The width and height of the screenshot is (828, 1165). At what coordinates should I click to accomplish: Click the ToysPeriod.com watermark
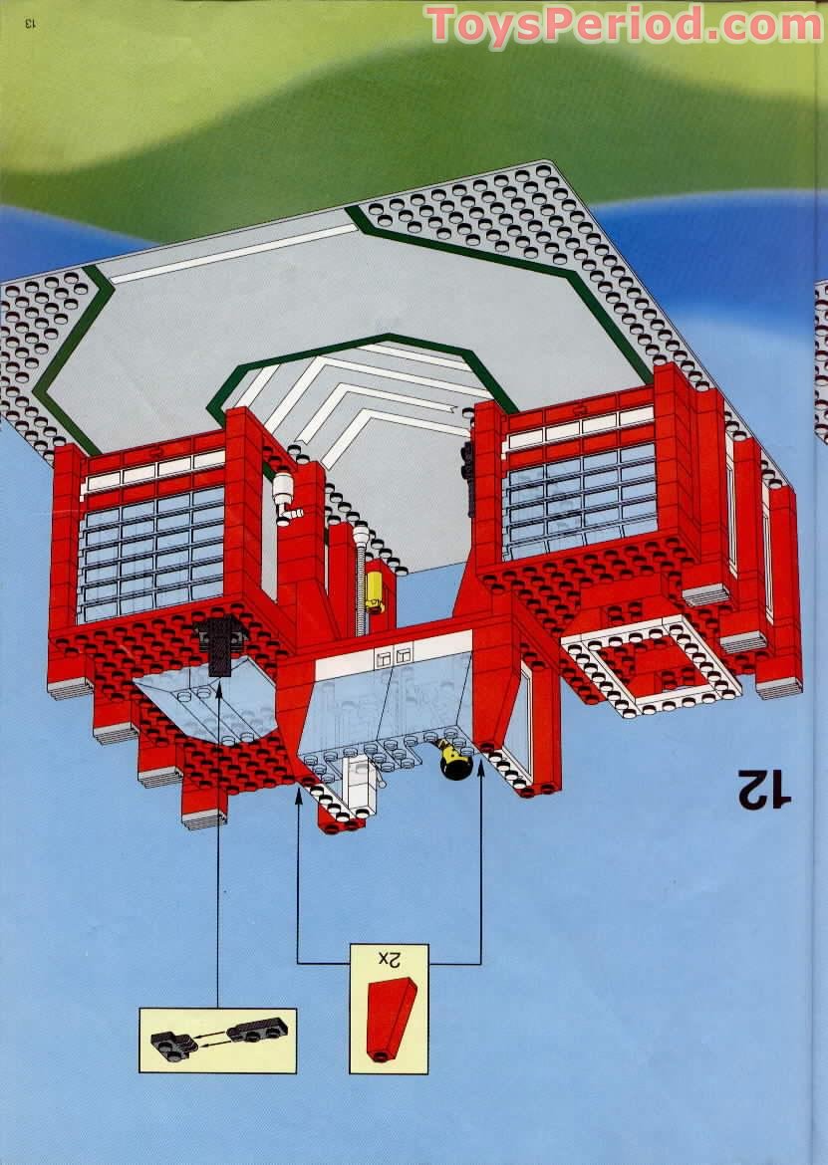tap(625, 25)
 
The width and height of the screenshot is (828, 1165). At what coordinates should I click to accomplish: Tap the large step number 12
tap(764, 789)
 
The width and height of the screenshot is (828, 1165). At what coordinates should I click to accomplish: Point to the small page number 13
tap(30, 23)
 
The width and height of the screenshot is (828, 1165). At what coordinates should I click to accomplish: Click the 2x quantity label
tap(389, 959)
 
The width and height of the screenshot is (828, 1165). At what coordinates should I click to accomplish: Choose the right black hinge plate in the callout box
tap(257, 1030)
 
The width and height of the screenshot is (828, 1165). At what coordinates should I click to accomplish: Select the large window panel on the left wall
tap(152, 555)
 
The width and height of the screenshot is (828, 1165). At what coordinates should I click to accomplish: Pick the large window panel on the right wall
tap(581, 501)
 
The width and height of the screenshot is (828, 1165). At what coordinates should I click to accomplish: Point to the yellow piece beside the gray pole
tap(375, 591)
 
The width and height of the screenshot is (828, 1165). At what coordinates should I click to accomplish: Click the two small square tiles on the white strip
tap(394, 657)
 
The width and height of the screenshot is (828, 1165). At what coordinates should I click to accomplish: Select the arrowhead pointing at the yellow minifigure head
tap(480, 768)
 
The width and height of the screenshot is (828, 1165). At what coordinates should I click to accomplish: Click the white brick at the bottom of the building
tap(359, 786)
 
